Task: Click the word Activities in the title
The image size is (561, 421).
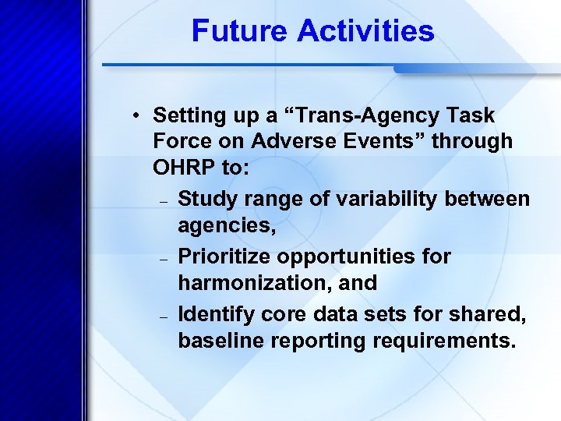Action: (365, 32)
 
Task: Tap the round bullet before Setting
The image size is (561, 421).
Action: (136, 116)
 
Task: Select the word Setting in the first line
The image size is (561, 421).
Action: (185, 116)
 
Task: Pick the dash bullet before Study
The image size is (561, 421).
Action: (164, 201)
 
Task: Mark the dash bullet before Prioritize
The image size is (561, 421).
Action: (164, 258)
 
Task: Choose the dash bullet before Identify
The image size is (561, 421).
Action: (164, 316)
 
